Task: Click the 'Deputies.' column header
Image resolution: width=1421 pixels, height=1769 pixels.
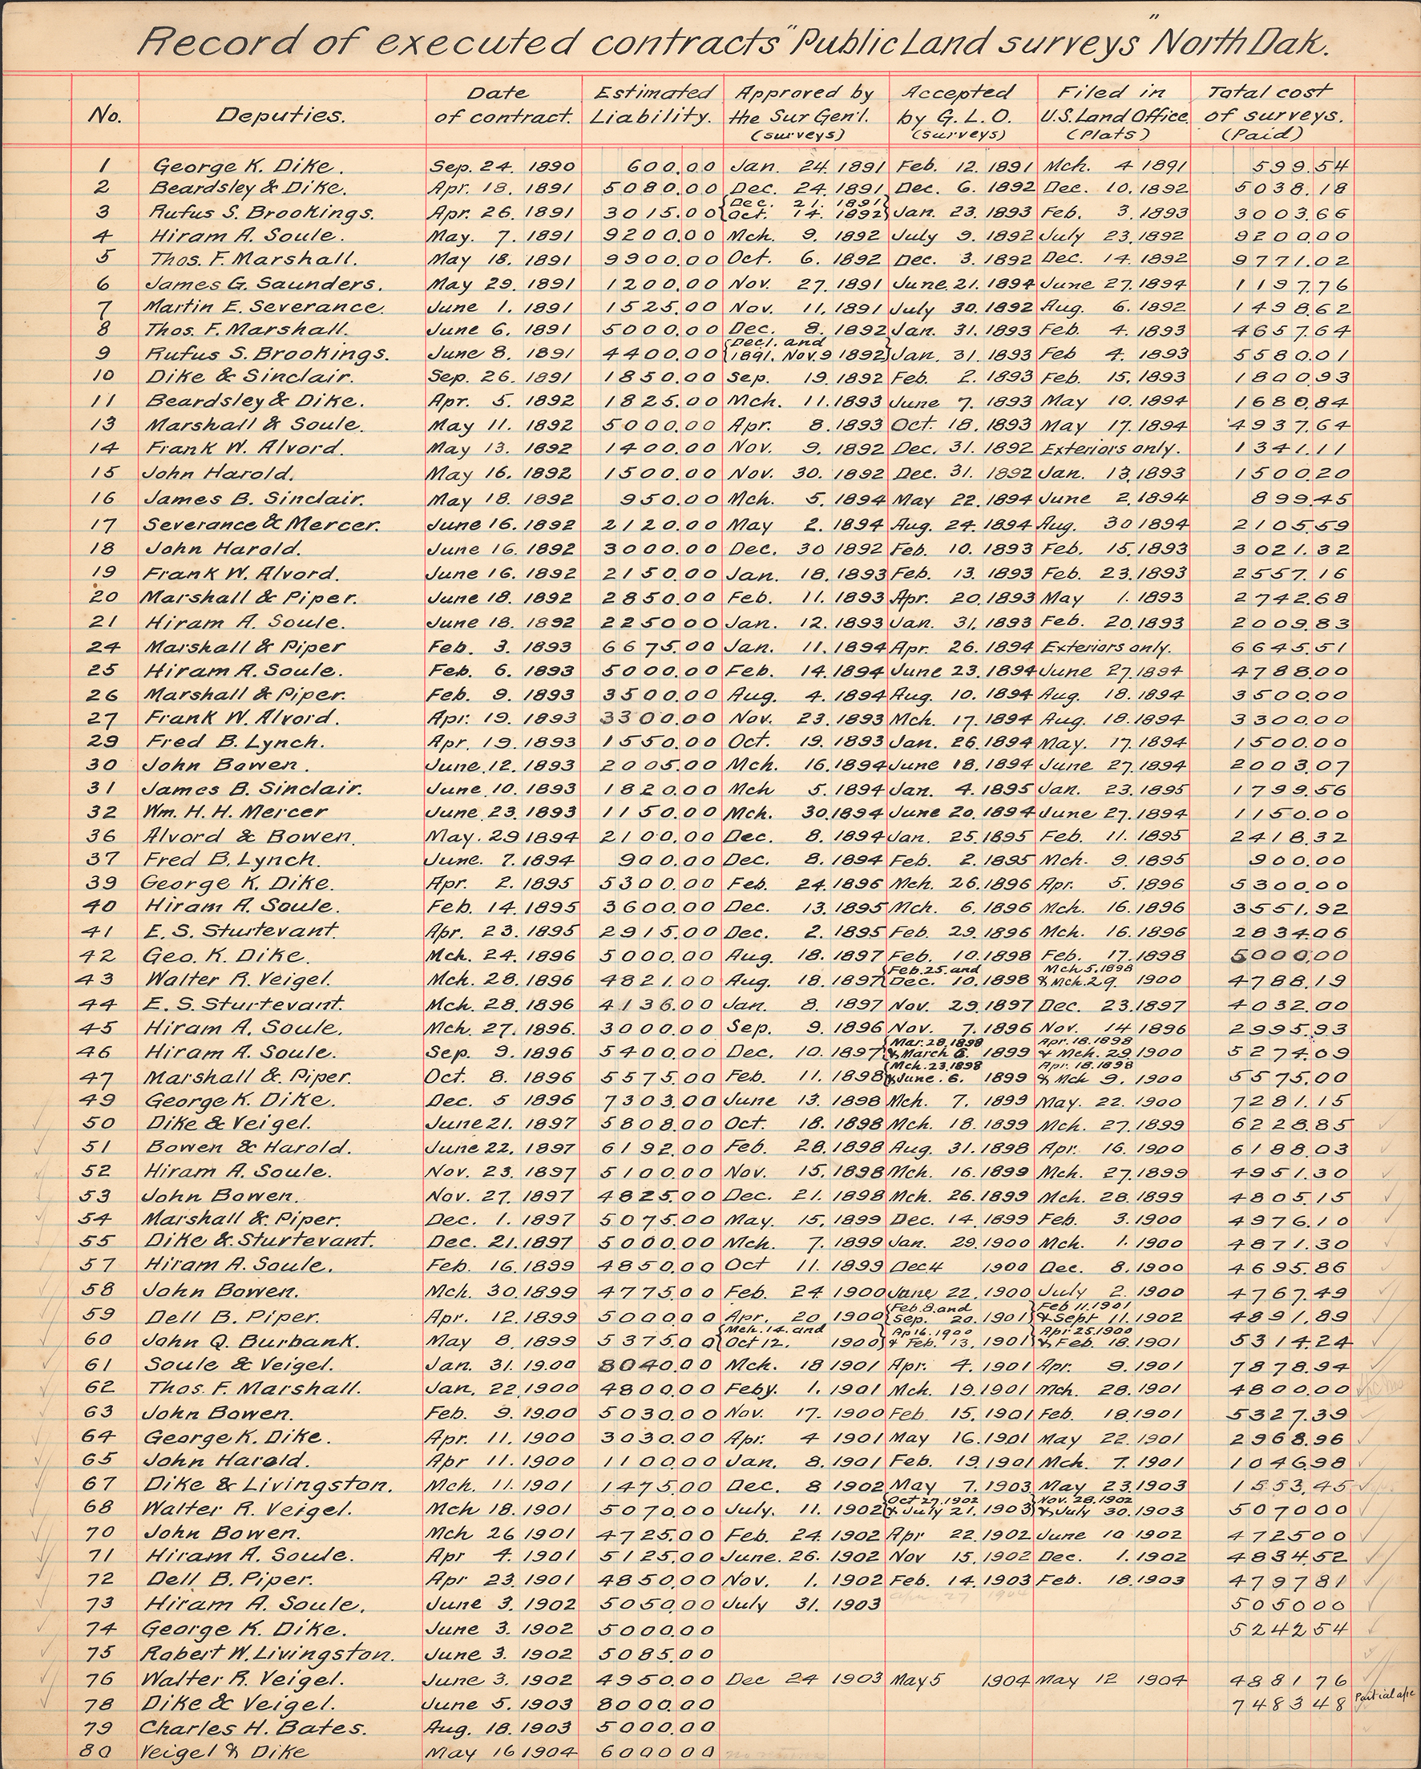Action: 280,115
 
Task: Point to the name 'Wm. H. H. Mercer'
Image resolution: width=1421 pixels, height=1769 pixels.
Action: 235,812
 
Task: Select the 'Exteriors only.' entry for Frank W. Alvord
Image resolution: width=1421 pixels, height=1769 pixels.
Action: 1110,448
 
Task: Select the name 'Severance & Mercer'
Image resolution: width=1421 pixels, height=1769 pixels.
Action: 261,523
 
